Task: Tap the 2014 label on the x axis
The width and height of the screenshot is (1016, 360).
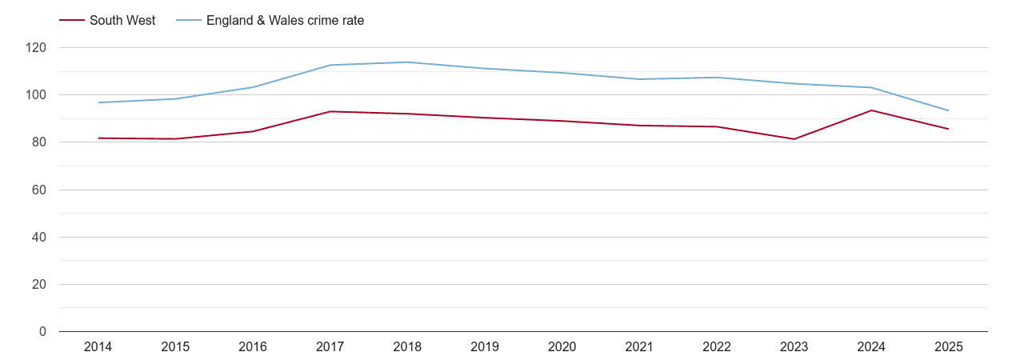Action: pos(98,347)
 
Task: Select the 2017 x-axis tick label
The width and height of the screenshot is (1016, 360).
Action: pos(330,347)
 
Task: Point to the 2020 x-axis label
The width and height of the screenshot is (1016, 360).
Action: pos(562,347)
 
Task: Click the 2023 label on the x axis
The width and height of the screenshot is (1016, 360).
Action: pos(794,347)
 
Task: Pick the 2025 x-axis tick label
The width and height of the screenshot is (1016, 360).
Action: pos(948,347)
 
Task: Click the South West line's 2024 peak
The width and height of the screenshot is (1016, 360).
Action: pos(871,110)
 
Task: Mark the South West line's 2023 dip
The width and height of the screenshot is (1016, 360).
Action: pos(794,139)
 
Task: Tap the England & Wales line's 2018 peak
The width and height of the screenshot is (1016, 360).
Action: pos(407,62)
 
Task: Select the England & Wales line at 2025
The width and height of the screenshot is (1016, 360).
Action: pos(948,110)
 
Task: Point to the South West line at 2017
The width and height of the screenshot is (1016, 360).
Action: pos(330,111)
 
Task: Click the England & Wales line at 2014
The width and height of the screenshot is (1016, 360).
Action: pos(98,102)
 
